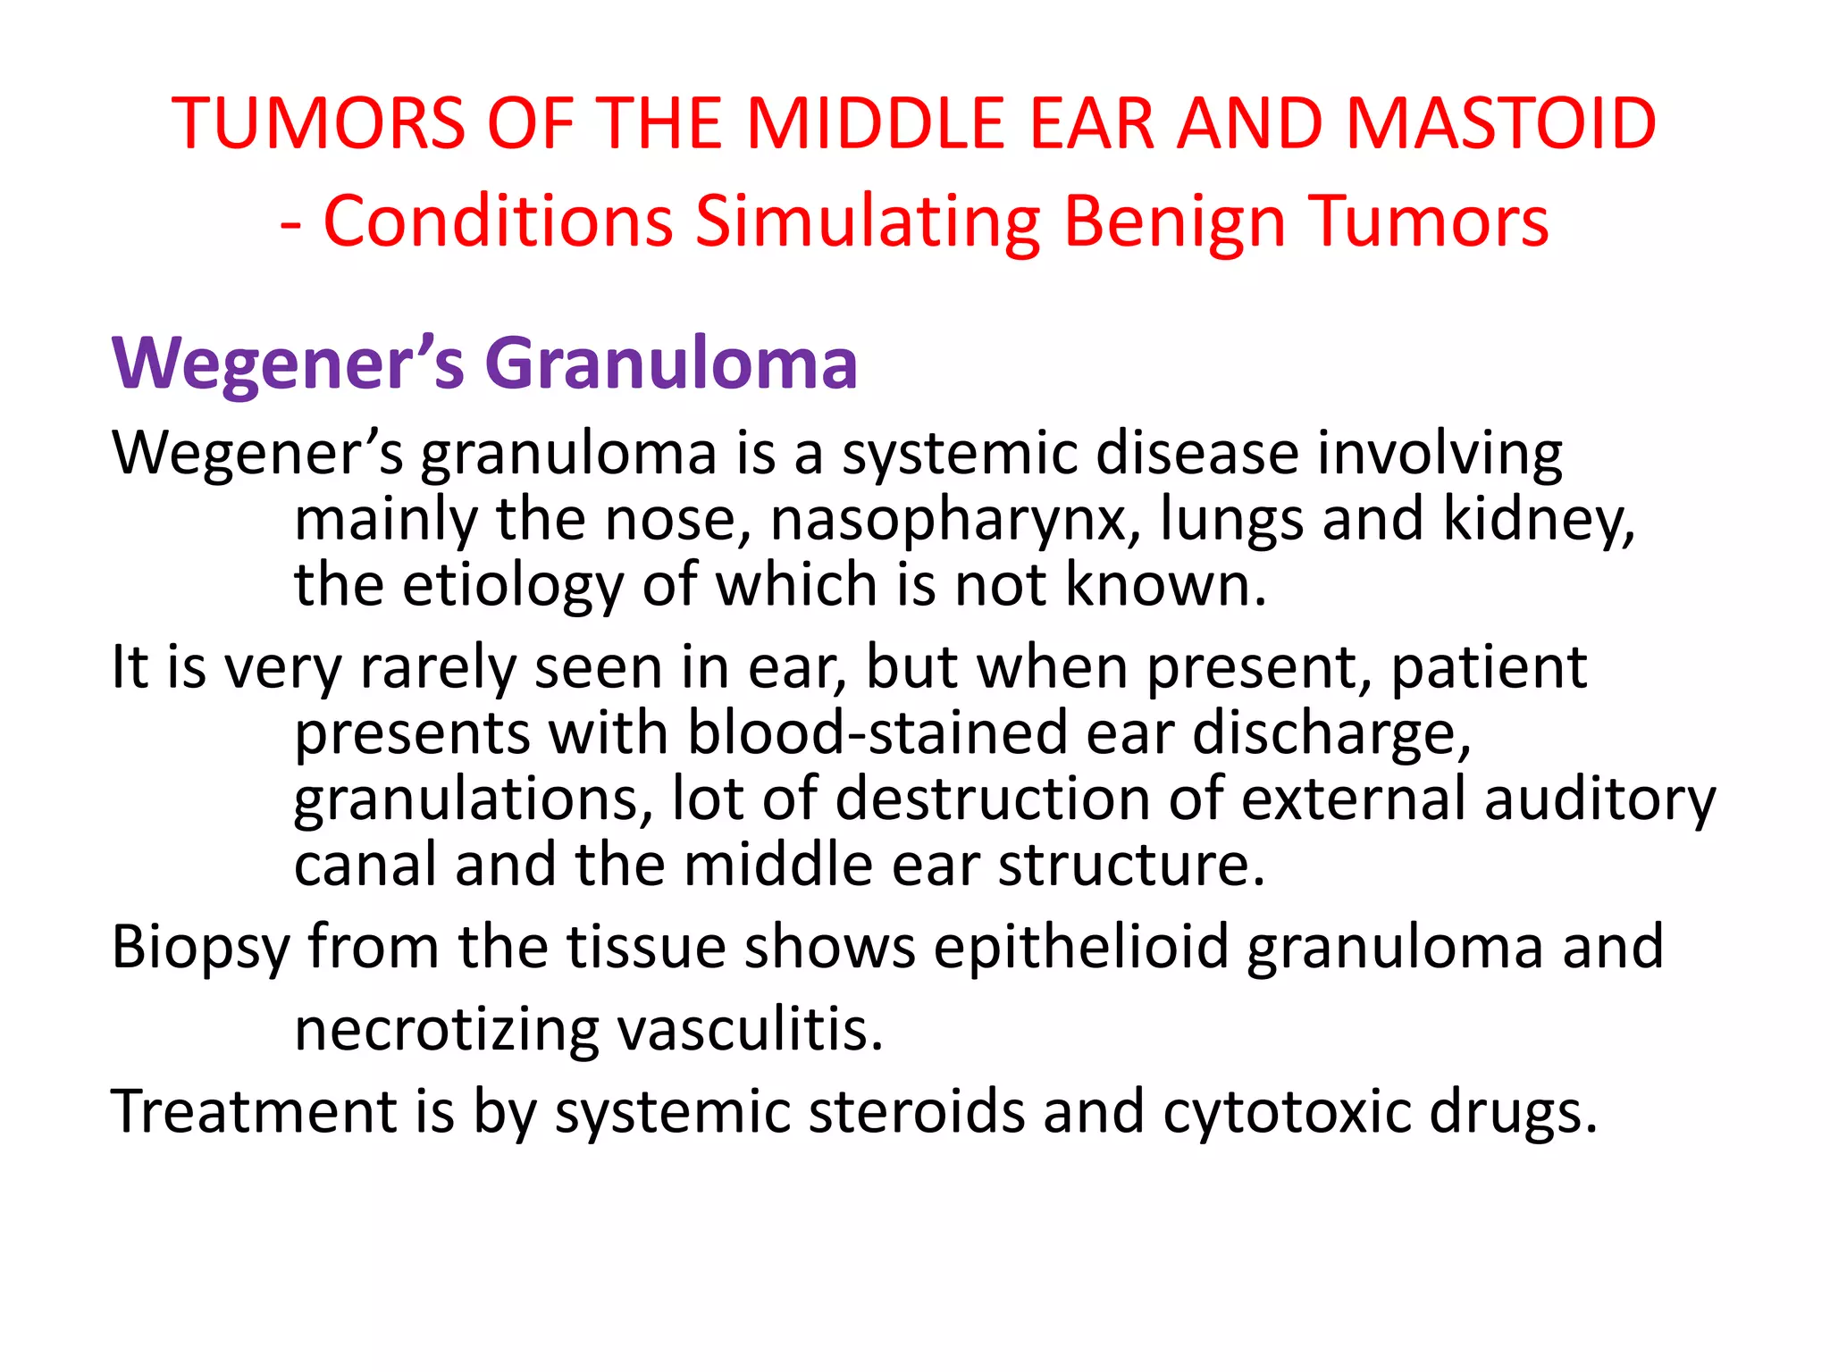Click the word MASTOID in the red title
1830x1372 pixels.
tap(1500, 123)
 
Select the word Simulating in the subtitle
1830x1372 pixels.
tap(868, 222)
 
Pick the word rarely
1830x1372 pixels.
tap(437, 668)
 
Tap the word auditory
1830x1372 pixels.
tap(1599, 799)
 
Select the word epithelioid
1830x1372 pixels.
tap(1080, 947)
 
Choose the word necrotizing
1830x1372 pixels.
tap(447, 1031)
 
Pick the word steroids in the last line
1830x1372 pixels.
tap(916, 1112)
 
